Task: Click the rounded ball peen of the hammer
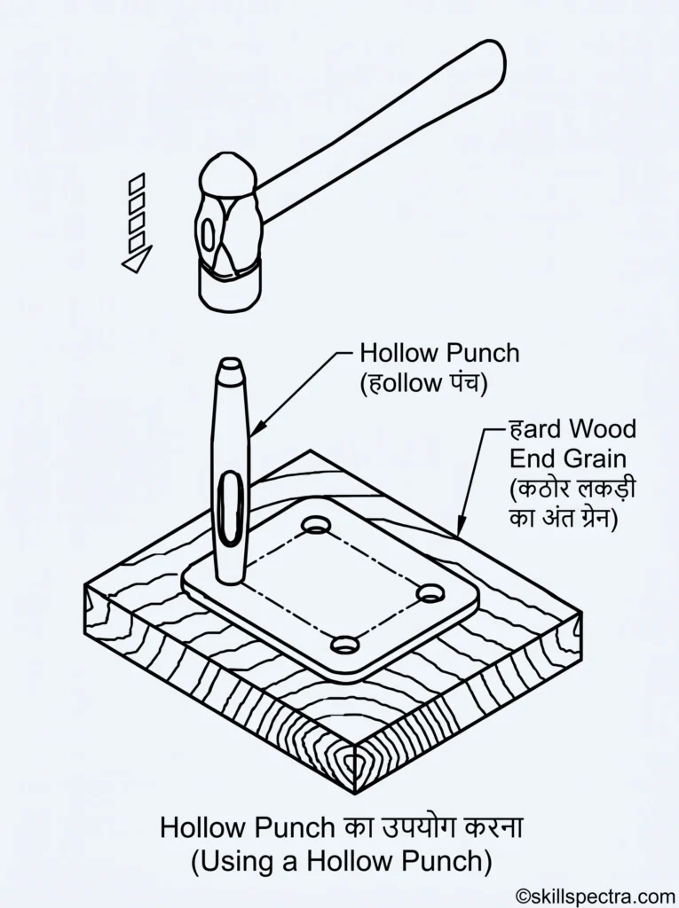pos(228,174)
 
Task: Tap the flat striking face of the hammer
pos(230,286)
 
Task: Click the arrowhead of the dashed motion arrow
pos(138,259)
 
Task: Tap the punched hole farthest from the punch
pos(431,593)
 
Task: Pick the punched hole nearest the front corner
pos(343,644)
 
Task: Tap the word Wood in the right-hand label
pos(602,429)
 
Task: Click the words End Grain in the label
pos(568,458)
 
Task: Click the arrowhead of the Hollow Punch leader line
pos(256,427)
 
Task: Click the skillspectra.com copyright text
pos(595,896)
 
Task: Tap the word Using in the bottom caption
pos(234,861)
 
